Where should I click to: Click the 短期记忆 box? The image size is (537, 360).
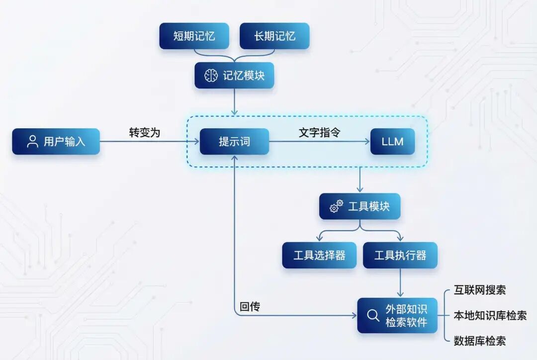coord(194,36)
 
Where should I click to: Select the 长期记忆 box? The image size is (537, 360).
coord(274,36)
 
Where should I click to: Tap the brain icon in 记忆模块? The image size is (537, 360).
coord(211,76)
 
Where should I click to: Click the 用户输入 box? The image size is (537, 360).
coord(56,141)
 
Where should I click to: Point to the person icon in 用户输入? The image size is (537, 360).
coord(33,141)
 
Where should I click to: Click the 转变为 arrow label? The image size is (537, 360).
coord(145,133)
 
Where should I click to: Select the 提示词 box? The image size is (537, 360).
coord(234,141)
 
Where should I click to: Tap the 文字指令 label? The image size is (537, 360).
coord(319,133)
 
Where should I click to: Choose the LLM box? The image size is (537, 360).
coord(392,141)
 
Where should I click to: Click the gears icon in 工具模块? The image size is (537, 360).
coord(337,206)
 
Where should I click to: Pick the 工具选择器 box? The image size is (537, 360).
coord(319,255)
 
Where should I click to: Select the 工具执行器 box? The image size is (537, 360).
coord(400,255)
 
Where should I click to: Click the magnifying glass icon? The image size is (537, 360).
coord(372,315)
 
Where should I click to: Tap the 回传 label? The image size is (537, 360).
coord(250,307)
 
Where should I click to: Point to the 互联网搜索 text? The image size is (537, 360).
coord(480,290)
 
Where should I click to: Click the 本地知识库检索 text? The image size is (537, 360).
coord(490,315)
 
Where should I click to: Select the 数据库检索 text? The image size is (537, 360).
coord(480,341)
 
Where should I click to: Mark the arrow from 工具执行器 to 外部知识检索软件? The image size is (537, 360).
coord(400,283)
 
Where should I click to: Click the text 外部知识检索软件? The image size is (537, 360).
coord(406,315)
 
